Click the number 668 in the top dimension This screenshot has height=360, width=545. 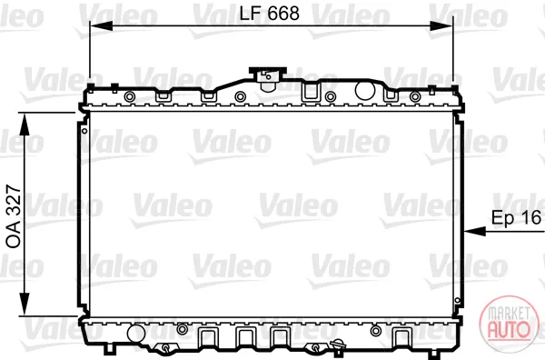tap(283, 14)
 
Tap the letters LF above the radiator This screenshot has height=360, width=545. tap(251, 14)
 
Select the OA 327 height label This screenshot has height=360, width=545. tap(14, 216)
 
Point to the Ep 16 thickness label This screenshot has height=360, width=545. tap(517, 218)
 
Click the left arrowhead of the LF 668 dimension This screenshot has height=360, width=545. tap(101, 25)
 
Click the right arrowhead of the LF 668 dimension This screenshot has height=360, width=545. tap(441, 25)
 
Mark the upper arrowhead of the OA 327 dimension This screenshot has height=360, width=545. tap(25, 125)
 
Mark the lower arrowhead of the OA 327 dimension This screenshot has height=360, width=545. tap(25, 305)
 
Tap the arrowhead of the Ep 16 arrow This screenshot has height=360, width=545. tap(475, 231)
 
